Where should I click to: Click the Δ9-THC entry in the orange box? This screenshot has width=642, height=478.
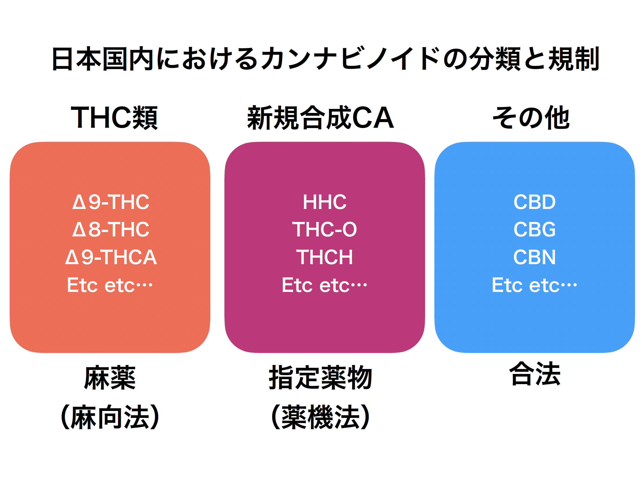(x=111, y=202)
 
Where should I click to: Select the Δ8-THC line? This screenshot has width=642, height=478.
(x=111, y=229)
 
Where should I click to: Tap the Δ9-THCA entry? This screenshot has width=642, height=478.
(x=111, y=257)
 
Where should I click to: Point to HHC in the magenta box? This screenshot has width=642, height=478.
(x=324, y=202)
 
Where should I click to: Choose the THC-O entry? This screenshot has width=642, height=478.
(x=324, y=229)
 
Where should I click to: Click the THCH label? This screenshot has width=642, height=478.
(x=324, y=257)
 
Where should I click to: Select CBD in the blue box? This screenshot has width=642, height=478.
(x=534, y=202)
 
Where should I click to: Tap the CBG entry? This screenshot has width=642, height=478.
(x=534, y=229)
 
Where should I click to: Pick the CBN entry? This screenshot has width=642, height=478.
(x=534, y=257)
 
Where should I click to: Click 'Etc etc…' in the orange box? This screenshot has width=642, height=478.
(x=110, y=285)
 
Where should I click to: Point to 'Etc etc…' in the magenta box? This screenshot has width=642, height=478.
(x=324, y=285)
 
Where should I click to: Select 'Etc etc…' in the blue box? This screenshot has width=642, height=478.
(x=534, y=285)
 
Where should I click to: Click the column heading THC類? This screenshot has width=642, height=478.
(x=115, y=117)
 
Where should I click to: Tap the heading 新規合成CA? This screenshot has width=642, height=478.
(x=320, y=117)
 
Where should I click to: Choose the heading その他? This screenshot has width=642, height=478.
(x=531, y=117)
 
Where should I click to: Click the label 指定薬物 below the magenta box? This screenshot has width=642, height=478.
(x=320, y=377)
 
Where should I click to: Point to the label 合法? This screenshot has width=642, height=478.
(x=534, y=374)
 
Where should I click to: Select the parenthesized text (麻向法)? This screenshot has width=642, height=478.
(x=110, y=417)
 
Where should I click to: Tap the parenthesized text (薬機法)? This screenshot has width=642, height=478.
(x=320, y=417)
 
